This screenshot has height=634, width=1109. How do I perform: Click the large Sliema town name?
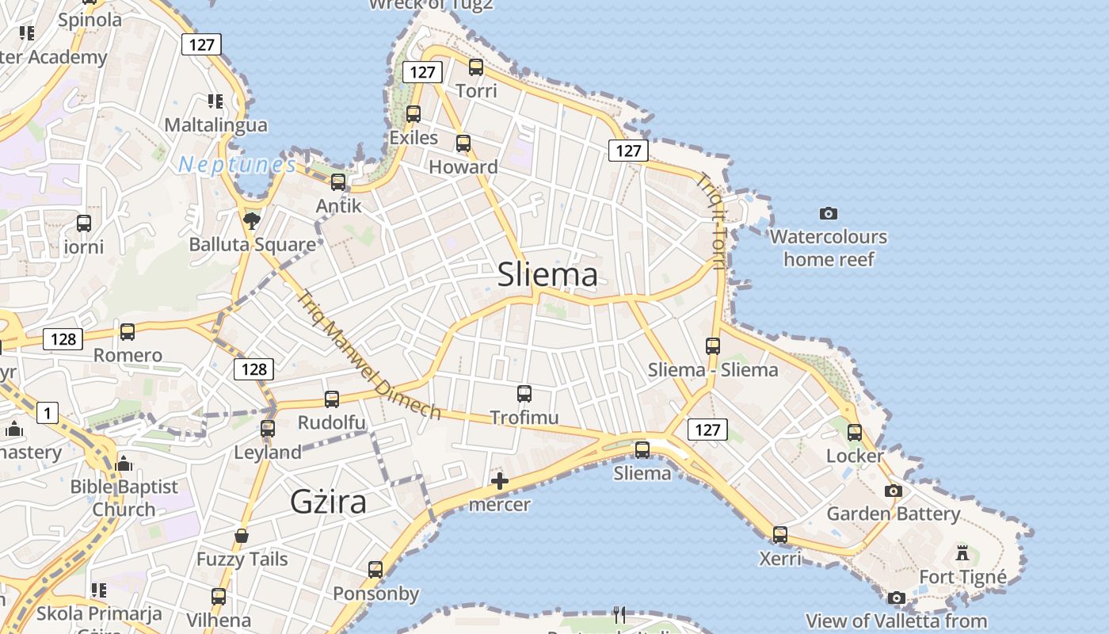(547, 274)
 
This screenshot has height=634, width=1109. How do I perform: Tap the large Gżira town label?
(329, 502)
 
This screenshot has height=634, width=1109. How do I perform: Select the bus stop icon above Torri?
(476, 67)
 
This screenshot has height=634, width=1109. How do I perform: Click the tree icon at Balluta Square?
(252, 220)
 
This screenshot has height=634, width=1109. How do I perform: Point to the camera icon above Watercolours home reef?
(829, 213)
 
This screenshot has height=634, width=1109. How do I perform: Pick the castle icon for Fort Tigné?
(963, 552)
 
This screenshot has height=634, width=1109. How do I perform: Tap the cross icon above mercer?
(500, 481)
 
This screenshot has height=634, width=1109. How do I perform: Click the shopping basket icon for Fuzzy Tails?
(242, 536)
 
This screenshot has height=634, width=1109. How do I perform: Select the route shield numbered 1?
(48, 413)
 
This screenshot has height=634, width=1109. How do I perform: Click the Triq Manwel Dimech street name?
(368, 354)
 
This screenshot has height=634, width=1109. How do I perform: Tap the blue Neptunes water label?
(237, 165)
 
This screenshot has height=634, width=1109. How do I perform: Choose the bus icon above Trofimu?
(524, 394)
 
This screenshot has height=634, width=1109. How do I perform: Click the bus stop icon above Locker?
(855, 433)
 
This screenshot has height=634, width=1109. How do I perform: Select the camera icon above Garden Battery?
(894, 491)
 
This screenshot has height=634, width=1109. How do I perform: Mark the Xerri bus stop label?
(780, 559)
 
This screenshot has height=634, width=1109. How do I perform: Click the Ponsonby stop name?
(375, 594)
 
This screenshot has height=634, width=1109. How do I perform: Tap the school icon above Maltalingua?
(215, 101)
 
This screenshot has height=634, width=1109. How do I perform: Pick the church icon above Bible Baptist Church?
(124, 464)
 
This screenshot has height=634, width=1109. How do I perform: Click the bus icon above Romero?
(128, 332)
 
